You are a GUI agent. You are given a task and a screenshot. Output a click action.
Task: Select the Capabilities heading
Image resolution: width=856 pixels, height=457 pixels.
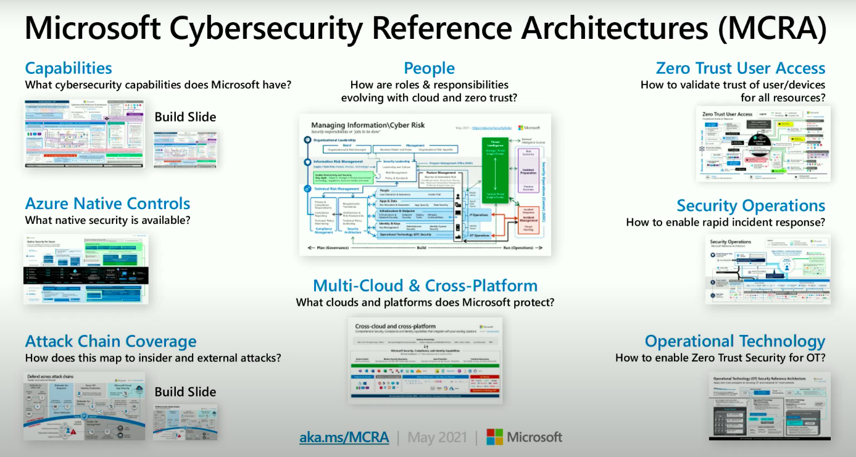[69, 68]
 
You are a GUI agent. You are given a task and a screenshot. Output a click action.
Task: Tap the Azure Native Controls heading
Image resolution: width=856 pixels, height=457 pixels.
[107, 204]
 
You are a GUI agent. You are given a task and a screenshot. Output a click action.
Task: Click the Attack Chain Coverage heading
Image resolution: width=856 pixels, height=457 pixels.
[110, 342]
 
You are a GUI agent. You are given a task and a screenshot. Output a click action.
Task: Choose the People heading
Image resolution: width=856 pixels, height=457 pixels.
[429, 68]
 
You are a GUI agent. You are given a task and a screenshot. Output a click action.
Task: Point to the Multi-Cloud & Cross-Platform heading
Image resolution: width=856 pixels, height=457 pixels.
[425, 286]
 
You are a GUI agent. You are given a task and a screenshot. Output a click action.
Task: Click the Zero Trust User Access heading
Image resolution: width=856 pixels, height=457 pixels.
[740, 68]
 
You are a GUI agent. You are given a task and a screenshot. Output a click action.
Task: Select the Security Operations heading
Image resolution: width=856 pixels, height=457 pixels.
[750, 205]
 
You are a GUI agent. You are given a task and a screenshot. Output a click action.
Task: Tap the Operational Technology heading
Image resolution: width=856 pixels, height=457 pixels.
[734, 341]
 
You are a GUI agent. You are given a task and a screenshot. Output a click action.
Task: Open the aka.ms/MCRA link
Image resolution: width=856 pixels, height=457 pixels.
[344, 437]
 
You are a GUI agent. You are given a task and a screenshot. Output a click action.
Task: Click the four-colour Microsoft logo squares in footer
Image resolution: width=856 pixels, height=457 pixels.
[494, 437]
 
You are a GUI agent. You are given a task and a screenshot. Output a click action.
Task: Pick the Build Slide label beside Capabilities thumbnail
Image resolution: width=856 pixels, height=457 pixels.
[185, 117]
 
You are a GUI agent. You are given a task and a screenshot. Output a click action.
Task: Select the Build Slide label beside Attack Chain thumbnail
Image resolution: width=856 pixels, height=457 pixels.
[185, 392]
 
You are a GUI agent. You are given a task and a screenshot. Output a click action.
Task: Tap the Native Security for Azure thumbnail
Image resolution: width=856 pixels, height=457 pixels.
[86, 268]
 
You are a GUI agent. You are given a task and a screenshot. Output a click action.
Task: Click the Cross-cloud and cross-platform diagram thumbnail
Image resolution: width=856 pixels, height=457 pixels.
[425, 360]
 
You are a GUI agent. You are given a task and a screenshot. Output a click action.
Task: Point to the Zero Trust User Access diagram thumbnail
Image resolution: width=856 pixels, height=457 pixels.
[763, 144]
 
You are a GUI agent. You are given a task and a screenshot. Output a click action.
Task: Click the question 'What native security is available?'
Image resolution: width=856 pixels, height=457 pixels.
[107, 220]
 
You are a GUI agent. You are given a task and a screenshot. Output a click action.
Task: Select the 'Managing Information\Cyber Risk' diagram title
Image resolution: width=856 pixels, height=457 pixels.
[368, 125]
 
